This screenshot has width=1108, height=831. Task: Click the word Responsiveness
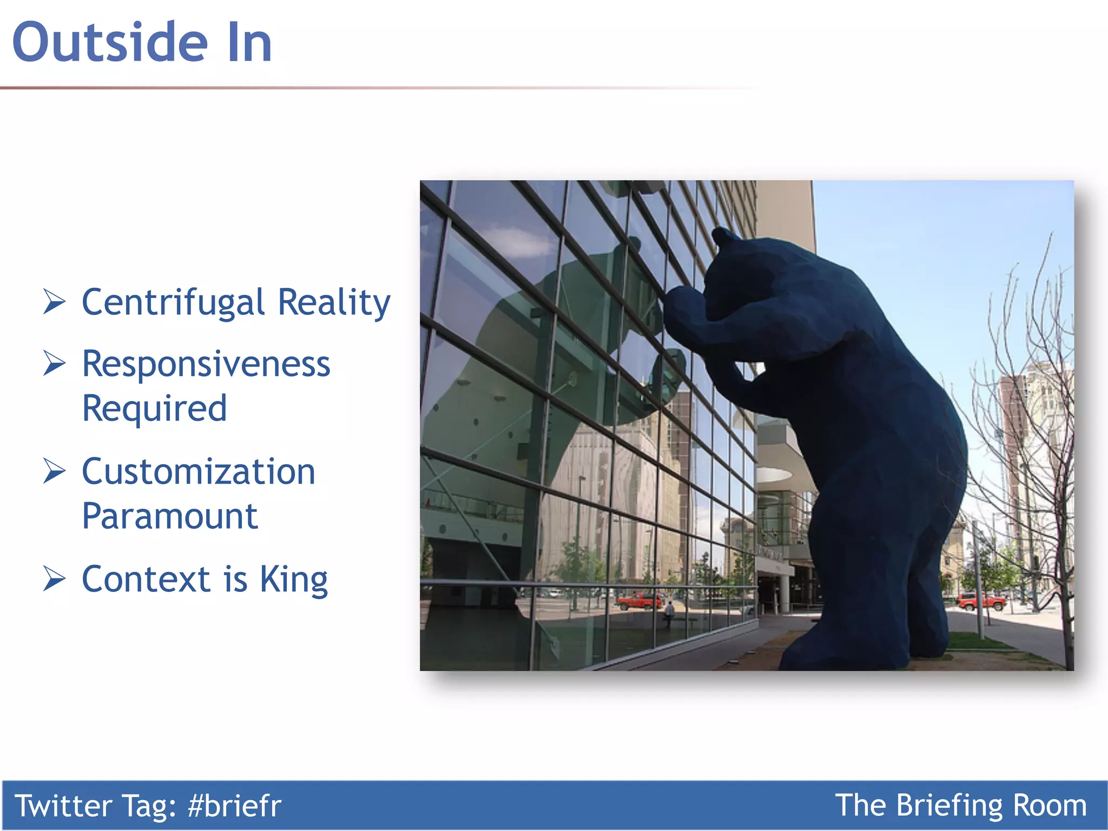(x=206, y=364)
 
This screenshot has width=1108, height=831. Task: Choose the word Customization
(x=199, y=472)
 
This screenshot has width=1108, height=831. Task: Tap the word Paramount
(x=170, y=516)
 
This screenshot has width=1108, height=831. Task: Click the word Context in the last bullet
(x=146, y=579)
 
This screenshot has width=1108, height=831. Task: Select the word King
(x=294, y=580)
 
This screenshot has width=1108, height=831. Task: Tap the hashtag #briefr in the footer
(x=234, y=806)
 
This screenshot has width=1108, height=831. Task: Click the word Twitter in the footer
(x=63, y=806)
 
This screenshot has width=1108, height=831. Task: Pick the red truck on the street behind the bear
(x=981, y=601)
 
